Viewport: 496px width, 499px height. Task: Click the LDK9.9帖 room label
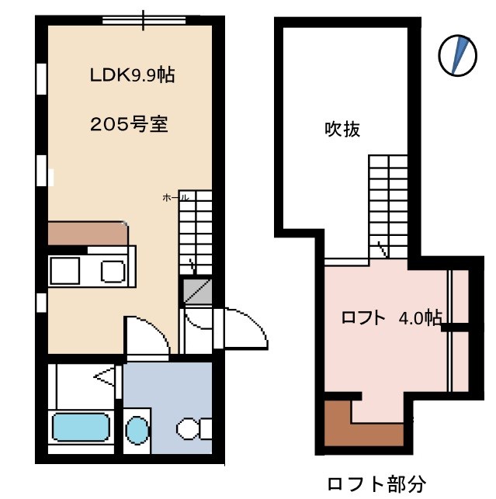131,75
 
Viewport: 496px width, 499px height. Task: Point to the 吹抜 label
342,130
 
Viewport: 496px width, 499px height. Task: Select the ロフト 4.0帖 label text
392,318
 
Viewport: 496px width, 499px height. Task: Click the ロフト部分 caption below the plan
376,485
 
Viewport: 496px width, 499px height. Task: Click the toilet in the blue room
193,428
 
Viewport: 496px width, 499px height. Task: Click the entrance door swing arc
247,326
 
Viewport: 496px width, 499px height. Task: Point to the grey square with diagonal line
194,291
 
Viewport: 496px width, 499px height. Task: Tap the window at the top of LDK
144,19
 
